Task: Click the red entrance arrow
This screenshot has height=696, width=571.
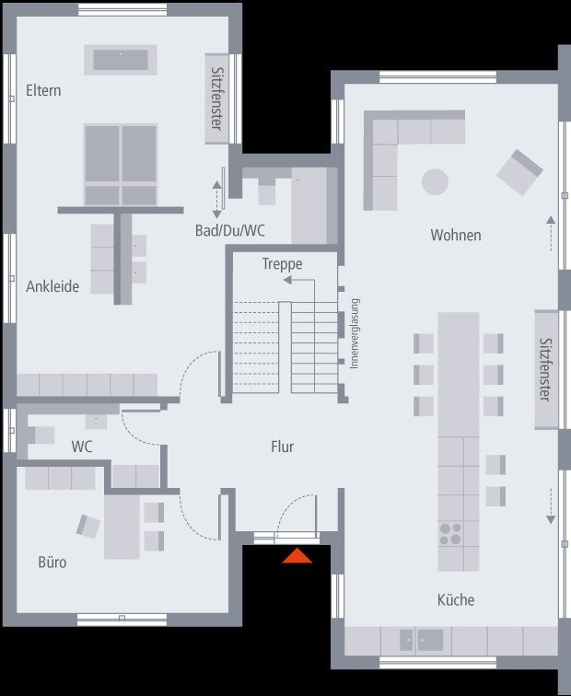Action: tap(297, 556)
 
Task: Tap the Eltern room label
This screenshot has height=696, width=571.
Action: tap(43, 90)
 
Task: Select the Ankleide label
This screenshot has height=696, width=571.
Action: tap(52, 286)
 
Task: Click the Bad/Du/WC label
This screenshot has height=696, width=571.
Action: tap(230, 230)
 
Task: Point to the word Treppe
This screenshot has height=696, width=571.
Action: tap(283, 264)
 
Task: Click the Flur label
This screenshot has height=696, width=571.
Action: tap(283, 447)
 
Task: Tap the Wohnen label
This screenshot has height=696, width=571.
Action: tap(456, 235)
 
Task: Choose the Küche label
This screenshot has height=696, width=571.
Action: tap(456, 599)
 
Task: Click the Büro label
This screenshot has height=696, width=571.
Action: tap(52, 562)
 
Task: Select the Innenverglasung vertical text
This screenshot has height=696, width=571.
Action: tap(355, 333)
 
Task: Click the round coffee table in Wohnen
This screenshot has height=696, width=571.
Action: tap(435, 182)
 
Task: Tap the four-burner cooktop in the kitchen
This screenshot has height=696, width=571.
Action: tap(449, 534)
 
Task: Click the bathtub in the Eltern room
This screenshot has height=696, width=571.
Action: tap(121, 60)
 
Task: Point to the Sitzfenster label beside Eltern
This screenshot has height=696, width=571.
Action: tap(216, 99)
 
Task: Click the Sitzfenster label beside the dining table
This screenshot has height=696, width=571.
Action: tap(546, 369)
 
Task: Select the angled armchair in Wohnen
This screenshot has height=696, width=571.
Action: tap(519, 172)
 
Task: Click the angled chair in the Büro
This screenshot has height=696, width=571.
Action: tap(88, 527)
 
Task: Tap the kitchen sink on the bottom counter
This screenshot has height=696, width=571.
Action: tap(422, 641)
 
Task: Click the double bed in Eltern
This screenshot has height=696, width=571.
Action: tap(121, 164)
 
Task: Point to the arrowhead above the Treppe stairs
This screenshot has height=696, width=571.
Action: tap(287, 280)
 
